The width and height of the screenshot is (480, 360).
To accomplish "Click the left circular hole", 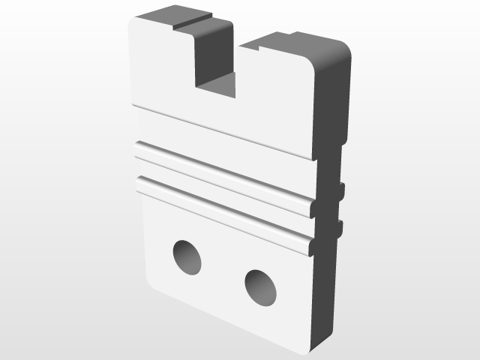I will coord(187,257).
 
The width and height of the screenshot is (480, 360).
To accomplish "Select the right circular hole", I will coord(260,288).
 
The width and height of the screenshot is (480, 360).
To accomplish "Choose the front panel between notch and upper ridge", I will coord(225,127).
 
